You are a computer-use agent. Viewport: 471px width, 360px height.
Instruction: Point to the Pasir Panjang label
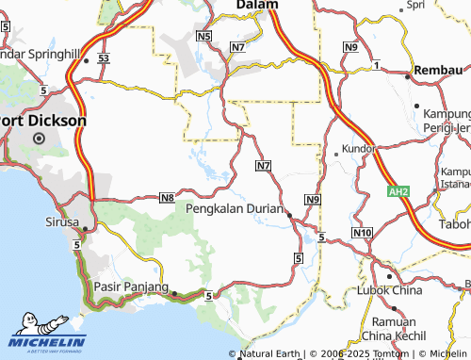tap(131, 286)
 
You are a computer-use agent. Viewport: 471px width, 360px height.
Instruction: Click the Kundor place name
tap(359, 149)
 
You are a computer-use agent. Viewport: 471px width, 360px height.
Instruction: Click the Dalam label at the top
tap(256, 5)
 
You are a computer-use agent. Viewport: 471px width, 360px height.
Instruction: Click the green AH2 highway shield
tap(399, 191)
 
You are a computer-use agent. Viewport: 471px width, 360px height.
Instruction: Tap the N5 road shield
tap(204, 36)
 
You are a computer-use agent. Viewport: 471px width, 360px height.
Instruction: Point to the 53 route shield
tap(104, 58)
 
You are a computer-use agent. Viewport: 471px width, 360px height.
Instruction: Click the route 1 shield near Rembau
tap(376, 64)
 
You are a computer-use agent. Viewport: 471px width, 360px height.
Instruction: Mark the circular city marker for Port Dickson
tap(40, 138)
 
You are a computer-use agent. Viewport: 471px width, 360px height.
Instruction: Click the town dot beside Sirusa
tap(85, 228)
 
